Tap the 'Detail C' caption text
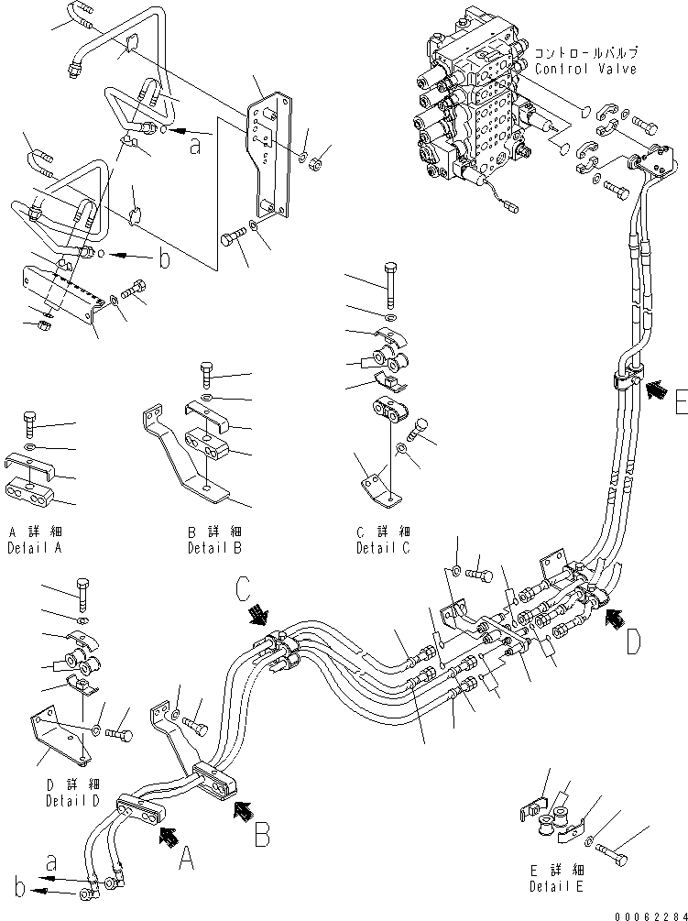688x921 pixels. (382, 548)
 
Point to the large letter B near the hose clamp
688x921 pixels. (261, 833)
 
